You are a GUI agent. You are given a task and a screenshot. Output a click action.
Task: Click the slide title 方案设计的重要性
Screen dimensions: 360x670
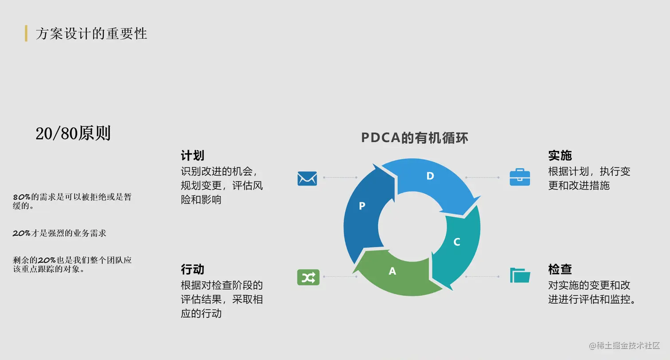(91, 34)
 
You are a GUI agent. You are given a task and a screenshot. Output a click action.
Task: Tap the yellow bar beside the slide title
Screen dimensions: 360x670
(26, 34)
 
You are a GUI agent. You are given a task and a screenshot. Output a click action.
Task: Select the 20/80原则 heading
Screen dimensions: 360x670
(73, 133)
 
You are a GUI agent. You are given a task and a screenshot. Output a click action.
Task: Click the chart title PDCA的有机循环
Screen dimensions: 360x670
(414, 138)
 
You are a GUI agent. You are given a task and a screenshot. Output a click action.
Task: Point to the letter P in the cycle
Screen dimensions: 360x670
(362, 206)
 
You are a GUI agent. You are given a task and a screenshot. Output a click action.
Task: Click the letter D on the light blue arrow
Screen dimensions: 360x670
(430, 176)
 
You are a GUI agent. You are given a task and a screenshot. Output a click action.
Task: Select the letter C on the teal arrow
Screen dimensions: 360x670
(457, 242)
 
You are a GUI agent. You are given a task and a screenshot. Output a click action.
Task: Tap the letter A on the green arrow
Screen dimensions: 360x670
(392, 271)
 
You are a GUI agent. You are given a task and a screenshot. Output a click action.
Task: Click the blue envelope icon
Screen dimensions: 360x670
(307, 178)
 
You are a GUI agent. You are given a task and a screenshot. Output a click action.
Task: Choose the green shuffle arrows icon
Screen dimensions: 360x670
(308, 277)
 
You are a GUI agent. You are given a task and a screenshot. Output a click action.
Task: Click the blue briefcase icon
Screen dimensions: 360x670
(520, 177)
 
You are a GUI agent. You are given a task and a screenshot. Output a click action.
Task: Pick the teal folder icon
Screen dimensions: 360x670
(520, 275)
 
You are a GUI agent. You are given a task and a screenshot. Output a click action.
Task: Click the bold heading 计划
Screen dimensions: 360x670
(192, 155)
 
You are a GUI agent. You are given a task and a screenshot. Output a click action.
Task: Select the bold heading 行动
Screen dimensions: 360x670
(192, 269)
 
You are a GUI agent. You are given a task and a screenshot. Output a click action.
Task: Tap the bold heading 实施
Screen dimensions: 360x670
(560, 155)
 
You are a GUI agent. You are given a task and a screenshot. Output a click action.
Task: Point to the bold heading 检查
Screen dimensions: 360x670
(560, 269)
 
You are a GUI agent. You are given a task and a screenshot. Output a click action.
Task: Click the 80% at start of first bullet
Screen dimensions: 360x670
(21, 197)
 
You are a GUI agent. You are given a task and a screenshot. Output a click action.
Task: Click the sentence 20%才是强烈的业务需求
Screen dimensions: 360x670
(59, 233)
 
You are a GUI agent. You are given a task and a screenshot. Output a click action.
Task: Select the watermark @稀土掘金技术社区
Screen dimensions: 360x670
(624, 345)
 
